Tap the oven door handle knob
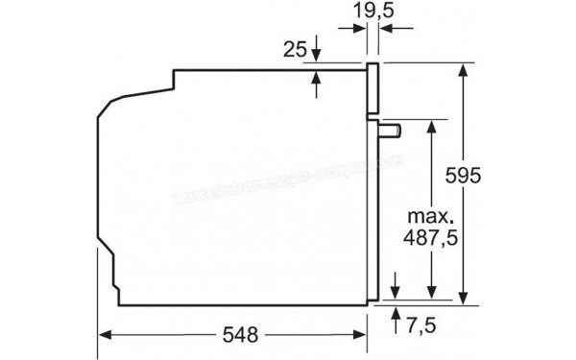(x=391, y=129)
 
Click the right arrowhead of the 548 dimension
(x=362, y=335)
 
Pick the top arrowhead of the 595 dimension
(x=464, y=69)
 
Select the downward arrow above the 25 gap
(x=317, y=58)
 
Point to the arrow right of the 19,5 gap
(x=386, y=31)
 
